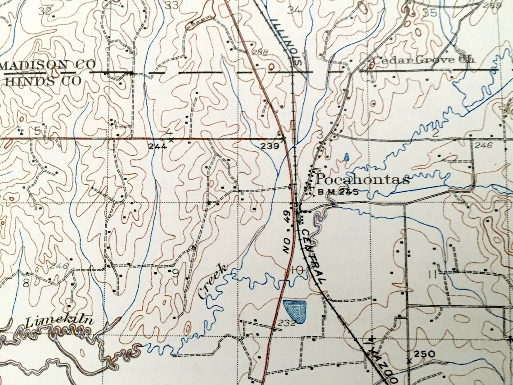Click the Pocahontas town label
(362, 180)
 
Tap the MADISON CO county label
(41, 65)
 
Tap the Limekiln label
(59, 322)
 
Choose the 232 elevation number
(286, 322)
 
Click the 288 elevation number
(260, 52)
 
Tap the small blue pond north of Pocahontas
(346, 157)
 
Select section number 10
(297, 270)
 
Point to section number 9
(175, 272)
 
